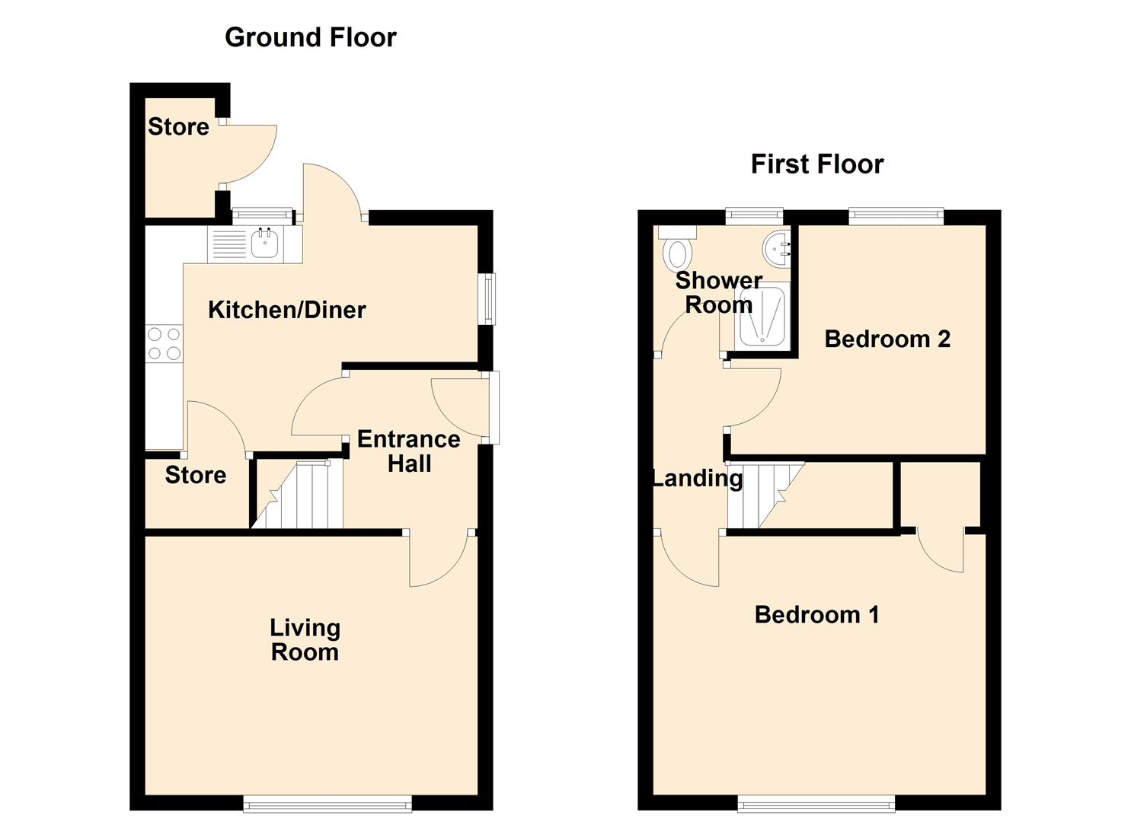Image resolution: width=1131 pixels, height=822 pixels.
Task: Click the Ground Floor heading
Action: coord(310,37)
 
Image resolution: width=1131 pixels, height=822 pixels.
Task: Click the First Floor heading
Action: coord(816,164)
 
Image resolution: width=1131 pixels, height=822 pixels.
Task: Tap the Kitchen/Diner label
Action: coord(286,310)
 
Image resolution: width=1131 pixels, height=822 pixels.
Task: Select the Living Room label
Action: coord(305,640)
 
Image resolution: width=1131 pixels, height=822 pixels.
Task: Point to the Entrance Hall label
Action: coord(409,451)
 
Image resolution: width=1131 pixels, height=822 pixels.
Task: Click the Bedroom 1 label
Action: coord(816,614)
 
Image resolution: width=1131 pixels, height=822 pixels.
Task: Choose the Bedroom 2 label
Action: coord(887,339)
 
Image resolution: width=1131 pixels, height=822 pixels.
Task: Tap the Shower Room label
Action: coord(718,292)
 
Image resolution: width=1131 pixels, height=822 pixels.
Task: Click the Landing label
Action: coord(697,478)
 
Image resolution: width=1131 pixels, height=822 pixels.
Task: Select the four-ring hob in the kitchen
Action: coord(164,343)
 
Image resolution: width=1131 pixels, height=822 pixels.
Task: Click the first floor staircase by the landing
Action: coord(762,495)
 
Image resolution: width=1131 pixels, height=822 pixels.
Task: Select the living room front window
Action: coord(327,803)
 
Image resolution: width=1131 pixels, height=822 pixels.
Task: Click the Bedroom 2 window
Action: coord(896,217)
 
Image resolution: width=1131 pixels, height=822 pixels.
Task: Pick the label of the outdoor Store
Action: coord(178,126)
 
